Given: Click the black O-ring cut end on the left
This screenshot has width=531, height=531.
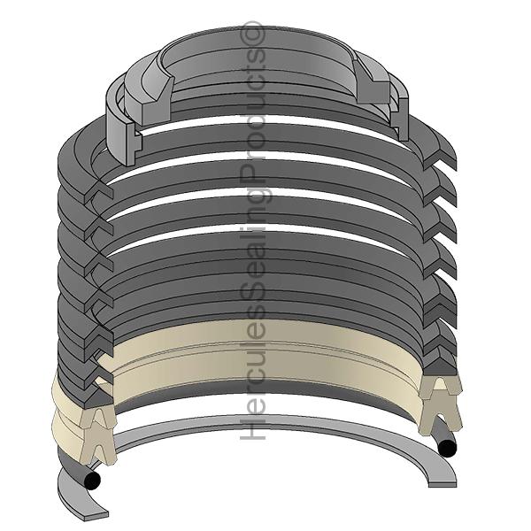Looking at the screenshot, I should point(92,481).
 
